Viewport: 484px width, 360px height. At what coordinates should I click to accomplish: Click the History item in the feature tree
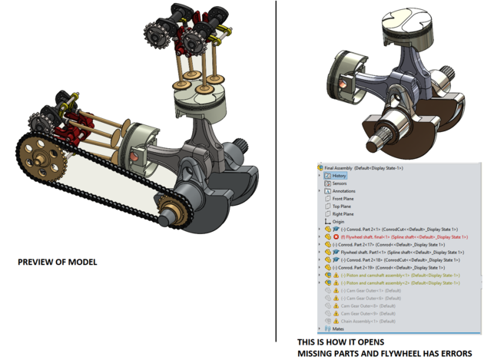pos(339,176)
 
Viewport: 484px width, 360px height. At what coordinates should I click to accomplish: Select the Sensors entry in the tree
pos(339,183)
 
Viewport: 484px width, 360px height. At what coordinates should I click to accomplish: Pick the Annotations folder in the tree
pos(343,191)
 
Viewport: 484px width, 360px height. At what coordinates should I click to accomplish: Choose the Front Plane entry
pos(343,199)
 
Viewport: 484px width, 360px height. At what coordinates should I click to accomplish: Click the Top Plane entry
pos(342,206)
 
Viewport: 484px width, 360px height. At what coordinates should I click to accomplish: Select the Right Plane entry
pos(343,214)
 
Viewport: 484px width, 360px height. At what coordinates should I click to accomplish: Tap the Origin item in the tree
pos(338,222)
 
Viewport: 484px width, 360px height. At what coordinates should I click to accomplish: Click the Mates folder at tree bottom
pos(338,329)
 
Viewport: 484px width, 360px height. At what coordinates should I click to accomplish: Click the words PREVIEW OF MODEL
pos(57,263)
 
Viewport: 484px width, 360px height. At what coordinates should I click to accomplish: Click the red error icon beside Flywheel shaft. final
pos(336,237)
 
